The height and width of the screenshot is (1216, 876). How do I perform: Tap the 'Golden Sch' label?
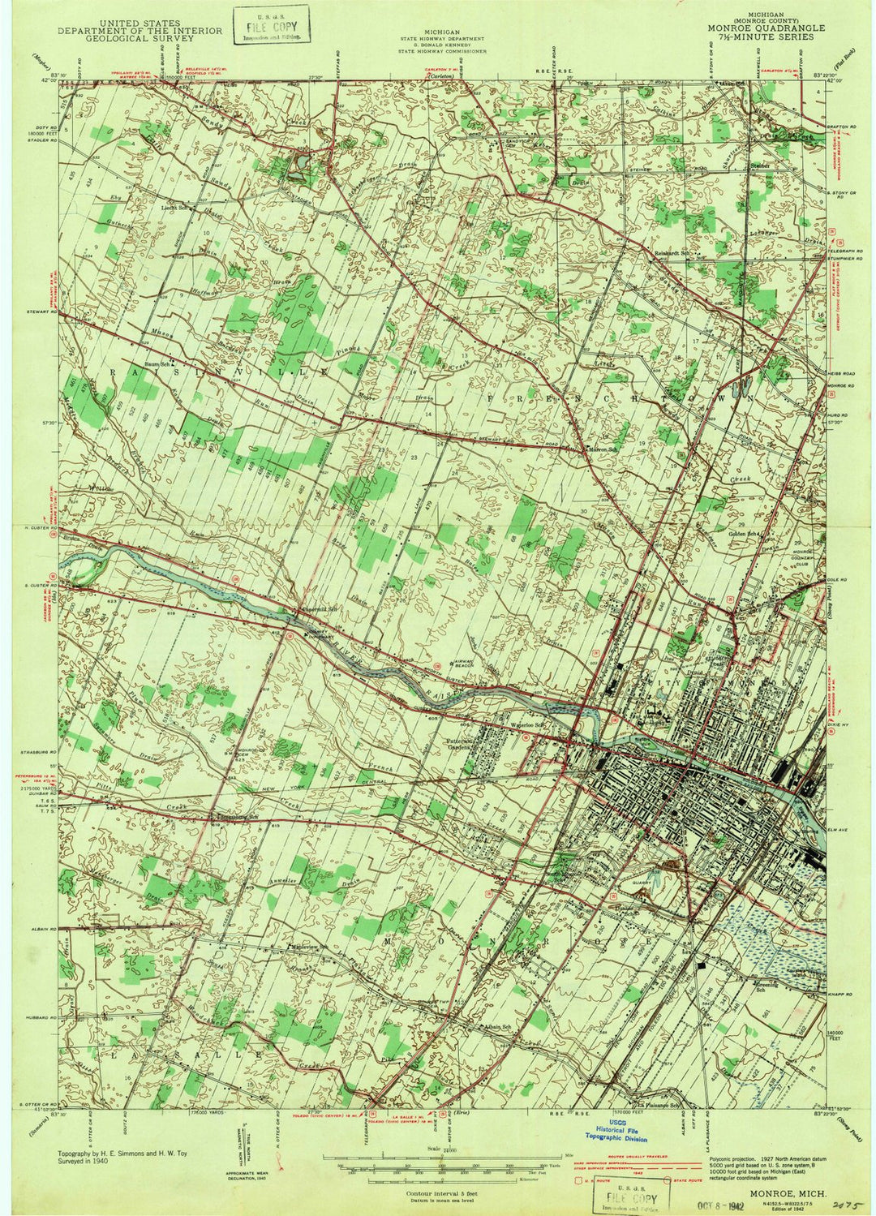[x=747, y=534]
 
